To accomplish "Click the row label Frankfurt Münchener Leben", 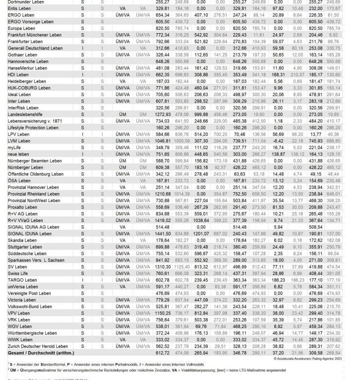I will click(x=35, y=35).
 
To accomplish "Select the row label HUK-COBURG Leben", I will click(x=29, y=88).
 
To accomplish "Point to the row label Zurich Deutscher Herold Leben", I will click(x=38, y=346).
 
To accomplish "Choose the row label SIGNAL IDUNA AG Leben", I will click(x=34, y=227).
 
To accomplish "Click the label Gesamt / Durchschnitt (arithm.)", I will click(x=41, y=353).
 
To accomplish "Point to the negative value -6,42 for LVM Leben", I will click(x=278, y=141).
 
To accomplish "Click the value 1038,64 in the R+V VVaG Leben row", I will click(x=200, y=220).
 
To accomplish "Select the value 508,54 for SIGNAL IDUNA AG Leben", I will click(x=315, y=227).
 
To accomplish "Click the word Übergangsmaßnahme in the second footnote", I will click(x=37, y=370).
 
